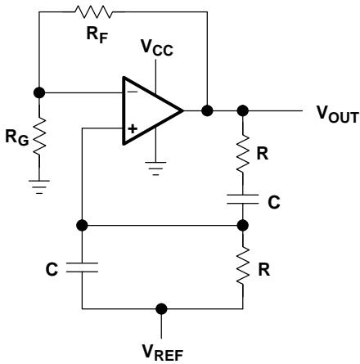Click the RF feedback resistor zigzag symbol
pyautogui.click(x=93, y=12)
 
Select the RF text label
pyautogui.click(x=97, y=35)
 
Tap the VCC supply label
pyautogui.click(x=157, y=48)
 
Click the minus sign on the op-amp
pyautogui.click(x=133, y=92)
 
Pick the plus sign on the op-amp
pyautogui.click(x=133, y=128)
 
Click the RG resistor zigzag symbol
pyautogui.click(x=39, y=137)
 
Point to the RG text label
pyautogui.click(x=17, y=138)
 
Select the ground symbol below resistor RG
pyautogui.click(x=39, y=186)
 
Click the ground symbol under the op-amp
pyautogui.click(x=155, y=169)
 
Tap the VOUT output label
pyautogui.click(x=337, y=115)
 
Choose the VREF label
pyautogui.click(x=163, y=353)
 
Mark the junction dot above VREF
pyautogui.click(x=161, y=309)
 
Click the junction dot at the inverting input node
pyautogui.click(x=39, y=92)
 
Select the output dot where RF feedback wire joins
pyautogui.click(x=207, y=110)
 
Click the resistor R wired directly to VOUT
pyautogui.click(x=243, y=153)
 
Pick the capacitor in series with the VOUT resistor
pyautogui.click(x=243, y=200)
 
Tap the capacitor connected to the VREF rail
pyautogui.click(x=82, y=267)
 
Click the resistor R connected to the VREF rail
pyautogui.click(x=243, y=267)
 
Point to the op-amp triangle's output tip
pyautogui.click(x=182, y=110)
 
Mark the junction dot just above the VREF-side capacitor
pyautogui.click(x=82, y=226)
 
